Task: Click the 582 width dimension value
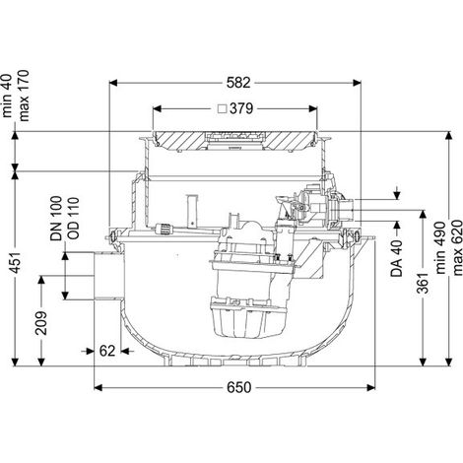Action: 238,83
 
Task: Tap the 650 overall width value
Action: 239,388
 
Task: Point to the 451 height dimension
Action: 15,263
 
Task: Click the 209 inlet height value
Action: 41,323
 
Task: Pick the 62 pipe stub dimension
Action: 107,351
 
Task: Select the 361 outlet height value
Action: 423,283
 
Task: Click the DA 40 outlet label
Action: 397,259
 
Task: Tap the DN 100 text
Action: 56,219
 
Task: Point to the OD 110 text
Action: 73,218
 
